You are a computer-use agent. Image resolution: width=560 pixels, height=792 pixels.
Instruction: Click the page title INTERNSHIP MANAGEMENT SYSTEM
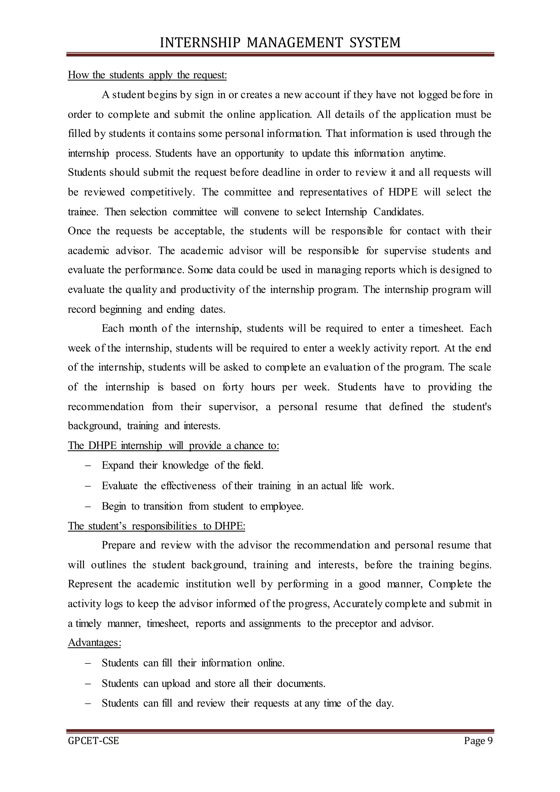click(280, 43)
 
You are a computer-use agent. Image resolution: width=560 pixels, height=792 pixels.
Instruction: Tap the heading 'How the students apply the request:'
click(147, 75)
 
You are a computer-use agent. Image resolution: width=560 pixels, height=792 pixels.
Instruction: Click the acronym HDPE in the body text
click(403, 192)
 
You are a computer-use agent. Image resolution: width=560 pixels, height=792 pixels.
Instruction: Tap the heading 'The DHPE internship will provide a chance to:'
click(173, 446)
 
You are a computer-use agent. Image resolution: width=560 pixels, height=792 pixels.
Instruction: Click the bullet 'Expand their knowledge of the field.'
click(182, 466)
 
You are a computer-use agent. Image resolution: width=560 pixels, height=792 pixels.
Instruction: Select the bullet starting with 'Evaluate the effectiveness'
click(247, 486)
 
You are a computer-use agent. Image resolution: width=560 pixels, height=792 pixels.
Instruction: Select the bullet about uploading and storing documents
click(214, 683)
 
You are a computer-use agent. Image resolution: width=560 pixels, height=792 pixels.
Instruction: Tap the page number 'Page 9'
click(478, 741)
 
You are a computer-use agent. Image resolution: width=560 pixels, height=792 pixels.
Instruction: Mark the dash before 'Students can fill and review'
click(87, 703)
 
